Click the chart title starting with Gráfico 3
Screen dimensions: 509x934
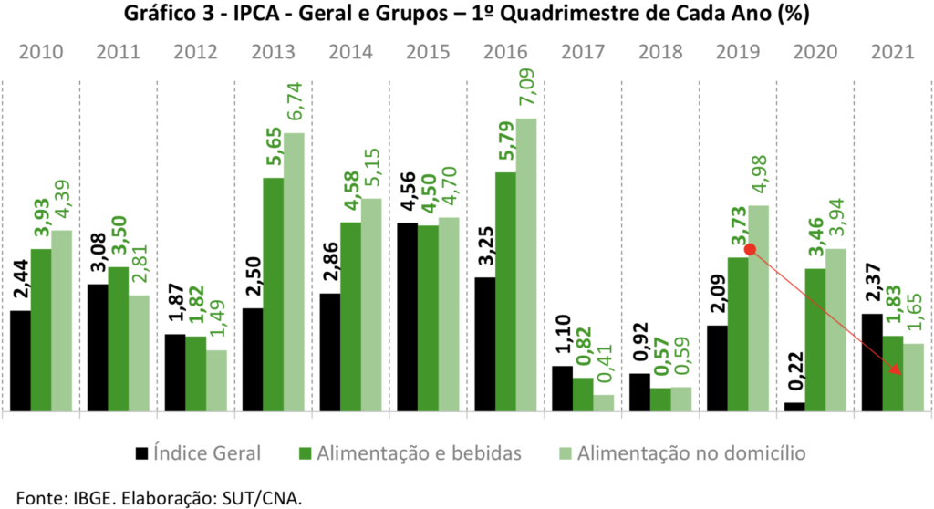click(x=466, y=16)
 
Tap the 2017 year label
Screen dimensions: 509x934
click(x=582, y=51)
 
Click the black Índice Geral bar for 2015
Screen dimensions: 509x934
click(x=408, y=317)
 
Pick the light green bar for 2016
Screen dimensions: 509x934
click(x=526, y=265)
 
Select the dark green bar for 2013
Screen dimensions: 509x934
click(x=273, y=294)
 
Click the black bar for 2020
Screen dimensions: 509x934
click(x=794, y=407)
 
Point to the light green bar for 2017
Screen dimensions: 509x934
click(x=604, y=402)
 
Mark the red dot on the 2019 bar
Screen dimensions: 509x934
click(x=750, y=249)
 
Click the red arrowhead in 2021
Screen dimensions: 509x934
click(x=898, y=370)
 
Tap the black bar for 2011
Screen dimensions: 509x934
click(x=98, y=348)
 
